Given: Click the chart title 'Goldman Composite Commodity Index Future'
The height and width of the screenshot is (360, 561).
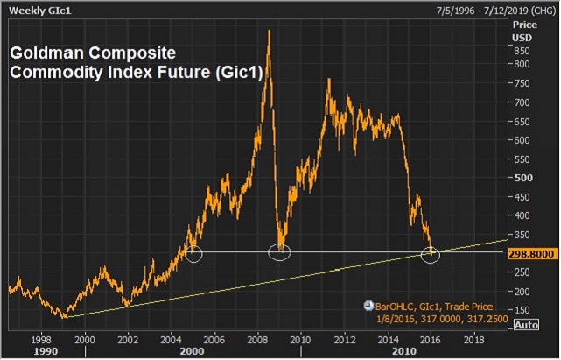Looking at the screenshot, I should point(137,62).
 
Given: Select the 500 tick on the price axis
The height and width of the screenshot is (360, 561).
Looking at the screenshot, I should point(523,177).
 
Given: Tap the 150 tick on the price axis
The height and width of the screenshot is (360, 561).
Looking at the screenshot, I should point(523,309).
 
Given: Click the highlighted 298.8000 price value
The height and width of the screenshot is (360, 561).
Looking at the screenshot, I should point(533,252).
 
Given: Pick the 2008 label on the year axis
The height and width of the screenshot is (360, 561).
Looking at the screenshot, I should point(257,337).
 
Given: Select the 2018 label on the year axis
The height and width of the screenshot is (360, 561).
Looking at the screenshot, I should point(473,337).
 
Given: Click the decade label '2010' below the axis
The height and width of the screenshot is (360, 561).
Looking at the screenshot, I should point(403,350).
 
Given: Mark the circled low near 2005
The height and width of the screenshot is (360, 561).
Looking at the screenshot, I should point(194,254).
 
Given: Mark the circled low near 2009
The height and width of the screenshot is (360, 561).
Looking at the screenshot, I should point(279,252).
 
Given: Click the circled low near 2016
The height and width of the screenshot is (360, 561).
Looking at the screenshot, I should point(431,254).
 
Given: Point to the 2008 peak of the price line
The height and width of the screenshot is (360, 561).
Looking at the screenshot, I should point(268,32).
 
